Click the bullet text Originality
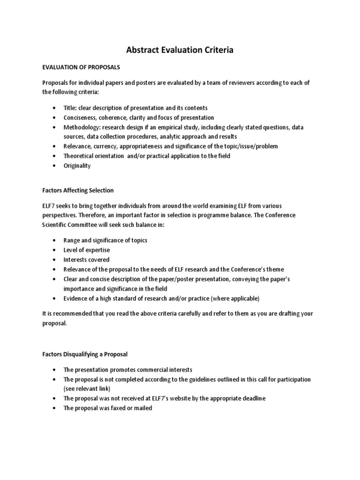pos(77,166)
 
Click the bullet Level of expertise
pos(87,250)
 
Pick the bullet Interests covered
pos(87,259)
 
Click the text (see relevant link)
pos(85,389)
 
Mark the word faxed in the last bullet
pos(115,408)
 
